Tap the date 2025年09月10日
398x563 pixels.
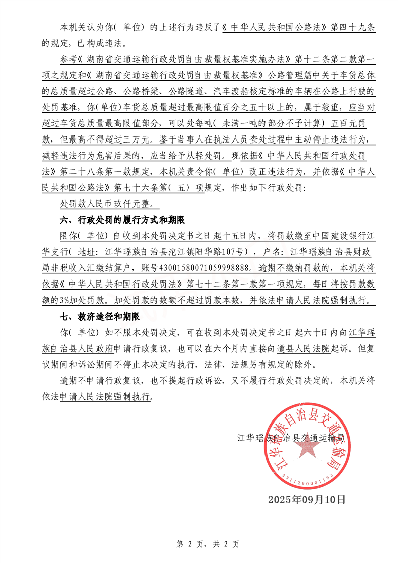(x=307, y=499)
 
